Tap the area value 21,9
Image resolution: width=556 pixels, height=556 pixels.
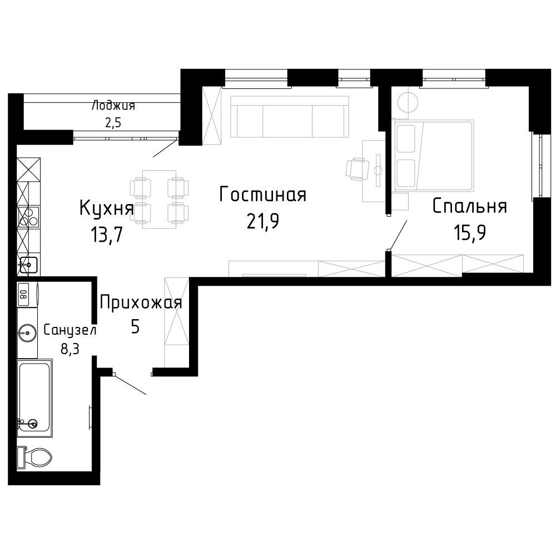click(x=263, y=221)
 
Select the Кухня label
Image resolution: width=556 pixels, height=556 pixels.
click(x=107, y=207)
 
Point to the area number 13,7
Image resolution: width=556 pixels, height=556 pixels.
click(x=107, y=234)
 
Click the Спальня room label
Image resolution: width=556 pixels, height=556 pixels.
click(x=470, y=206)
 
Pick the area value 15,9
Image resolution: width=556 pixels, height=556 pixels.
click(x=470, y=232)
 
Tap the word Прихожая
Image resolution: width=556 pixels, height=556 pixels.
click(x=141, y=303)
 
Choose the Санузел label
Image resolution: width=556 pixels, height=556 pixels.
click(x=70, y=330)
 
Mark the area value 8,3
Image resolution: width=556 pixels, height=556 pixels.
click(x=70, y=349)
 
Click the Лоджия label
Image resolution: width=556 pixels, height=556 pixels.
click(x=113, y=106)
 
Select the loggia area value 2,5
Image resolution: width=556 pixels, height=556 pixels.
click(x=113, y=123)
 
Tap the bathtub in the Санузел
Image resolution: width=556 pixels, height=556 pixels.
click(x=34, y=398)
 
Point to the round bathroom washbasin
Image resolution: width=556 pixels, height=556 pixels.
click(x=27, y=332)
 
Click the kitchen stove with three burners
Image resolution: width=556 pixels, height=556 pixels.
click(x=28, y=217)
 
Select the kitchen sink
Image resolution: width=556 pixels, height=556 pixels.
click(x=28, y=264)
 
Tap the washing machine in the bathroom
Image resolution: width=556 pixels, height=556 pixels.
click(x=27, y=294)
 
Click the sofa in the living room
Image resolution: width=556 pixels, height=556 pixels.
click(x=289, y=116)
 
